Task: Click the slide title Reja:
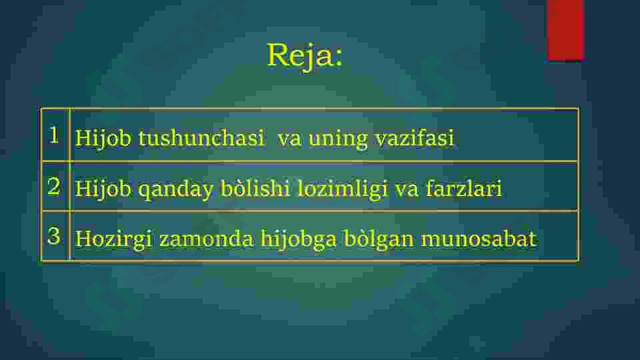(x=305, y=55)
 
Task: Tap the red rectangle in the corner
(x=565, y=29)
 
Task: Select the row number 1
(x=55, y=135)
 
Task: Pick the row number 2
(x=55, y=186)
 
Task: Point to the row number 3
(x=55, y=235)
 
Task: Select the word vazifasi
(x=414, y=139)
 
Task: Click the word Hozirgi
(x=114, y=239)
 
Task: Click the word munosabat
(x=478, y=239)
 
